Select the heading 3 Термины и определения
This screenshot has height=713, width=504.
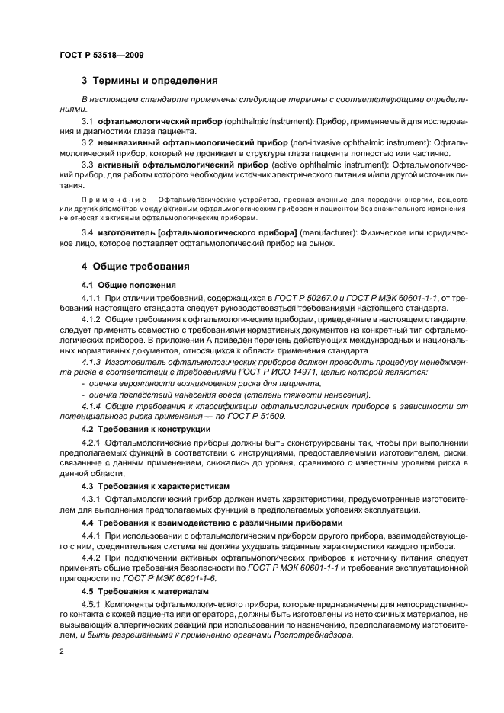point(149,80)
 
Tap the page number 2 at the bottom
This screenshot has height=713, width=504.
point(61,652)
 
